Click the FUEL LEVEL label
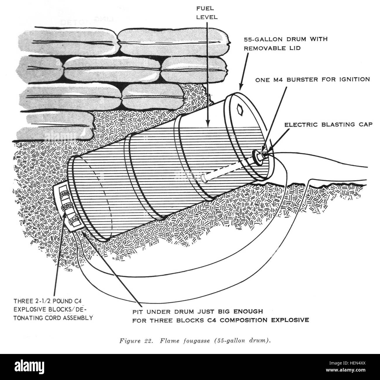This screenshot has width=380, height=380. click(x=207, y=13)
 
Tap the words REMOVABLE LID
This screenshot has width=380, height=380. click(x=272, y=48)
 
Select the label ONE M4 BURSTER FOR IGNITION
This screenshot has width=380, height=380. click(x=312, y=80)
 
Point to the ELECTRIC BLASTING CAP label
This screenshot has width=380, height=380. click(x=328, y=125)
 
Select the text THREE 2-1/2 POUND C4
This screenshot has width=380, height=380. click(x=48, y=301)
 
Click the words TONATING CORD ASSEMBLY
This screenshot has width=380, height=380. click(x=53, y=318)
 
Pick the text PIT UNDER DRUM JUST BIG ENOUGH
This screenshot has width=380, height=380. click(x=198, y=312)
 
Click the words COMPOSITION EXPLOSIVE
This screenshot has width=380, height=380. click(x=264, y=320)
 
